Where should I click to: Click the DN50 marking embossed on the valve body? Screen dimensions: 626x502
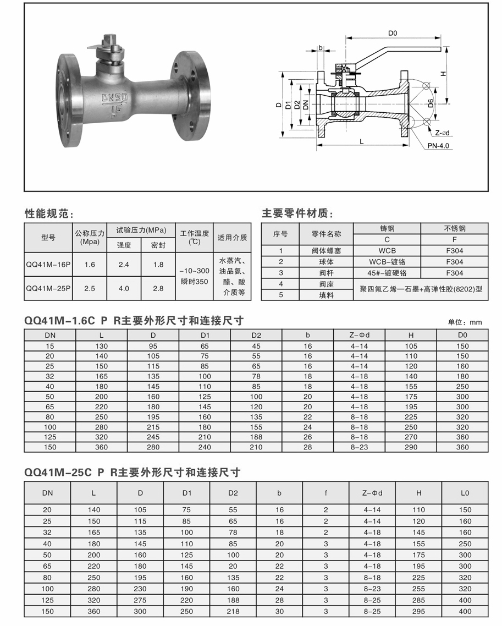(x=115, y=97)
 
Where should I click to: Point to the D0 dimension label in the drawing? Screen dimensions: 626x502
(x=393, y=34)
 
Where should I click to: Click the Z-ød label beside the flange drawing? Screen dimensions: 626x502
(x=443, y=133)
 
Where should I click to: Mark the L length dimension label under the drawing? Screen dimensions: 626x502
(x=361, y=141)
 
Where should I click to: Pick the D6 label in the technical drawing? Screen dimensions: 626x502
(x=431, y=102)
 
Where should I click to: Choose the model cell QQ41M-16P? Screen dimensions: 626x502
(x=48, y=265)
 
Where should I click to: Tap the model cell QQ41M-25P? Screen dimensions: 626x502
(x=48, y=288)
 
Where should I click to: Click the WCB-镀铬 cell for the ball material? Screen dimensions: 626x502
(x=387, y=262)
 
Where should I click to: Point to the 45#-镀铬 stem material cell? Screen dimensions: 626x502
(x=387, y=273)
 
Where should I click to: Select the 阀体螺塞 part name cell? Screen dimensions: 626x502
(x=327, y=250)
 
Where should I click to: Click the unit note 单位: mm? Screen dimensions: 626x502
(x=465, y=322)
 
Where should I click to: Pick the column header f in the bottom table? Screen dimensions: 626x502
(x=326, y=493)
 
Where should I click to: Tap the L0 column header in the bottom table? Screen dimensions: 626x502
(x=465, y=493)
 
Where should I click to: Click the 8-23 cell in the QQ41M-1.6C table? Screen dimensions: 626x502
(x=359, y=447)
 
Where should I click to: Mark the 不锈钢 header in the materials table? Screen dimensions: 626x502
(x=454, y=228)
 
